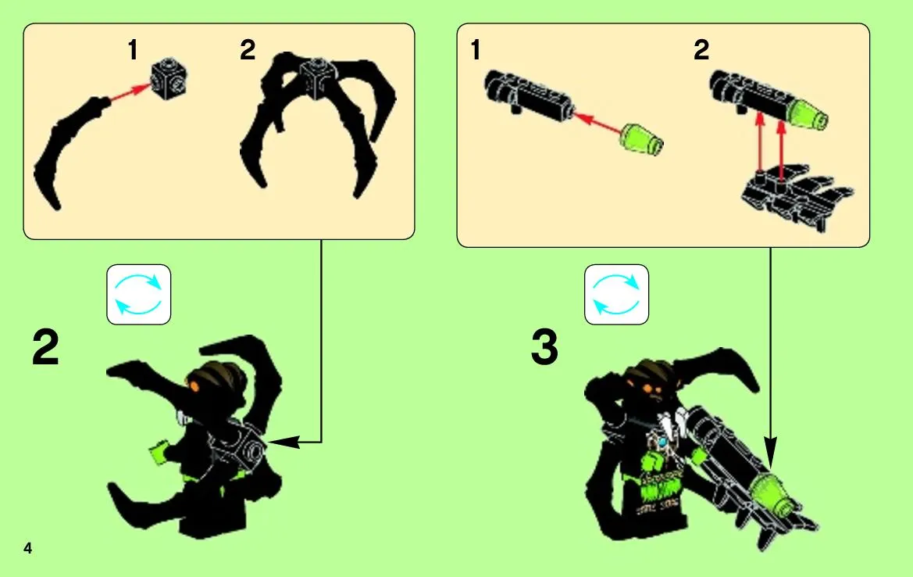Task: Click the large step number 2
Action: click(x=45, y=347)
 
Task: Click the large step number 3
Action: click(x=544, y=347)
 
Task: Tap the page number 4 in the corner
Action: click(x=27, y=548)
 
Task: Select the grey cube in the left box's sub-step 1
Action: click(x=169, y=77)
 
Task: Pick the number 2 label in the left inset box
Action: click(x=248, y=50)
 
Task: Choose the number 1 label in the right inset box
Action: click(x=476, y=50)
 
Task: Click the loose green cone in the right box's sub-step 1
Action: click(x=642, y=139)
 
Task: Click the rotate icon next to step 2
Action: click(x=138, y=294)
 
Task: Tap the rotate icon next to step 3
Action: click(x=616, y=294)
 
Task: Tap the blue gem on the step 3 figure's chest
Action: click(x=662, y=443)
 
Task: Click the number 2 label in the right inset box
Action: click(x=701, y=50)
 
